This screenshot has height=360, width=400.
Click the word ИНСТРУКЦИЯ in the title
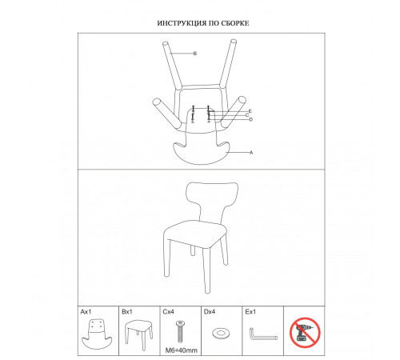coord(182,23)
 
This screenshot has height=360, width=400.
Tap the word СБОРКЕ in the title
coord(235,23)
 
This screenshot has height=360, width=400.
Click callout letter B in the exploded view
coord(195,54)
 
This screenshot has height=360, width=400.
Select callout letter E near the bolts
coord(250,111)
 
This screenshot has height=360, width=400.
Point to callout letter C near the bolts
coord(247,115)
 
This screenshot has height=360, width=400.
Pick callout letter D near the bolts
coord(250,119)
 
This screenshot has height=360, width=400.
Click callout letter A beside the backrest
coord(251,153)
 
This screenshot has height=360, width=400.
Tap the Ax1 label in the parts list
coord(86,311)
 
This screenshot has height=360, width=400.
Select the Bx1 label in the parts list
coord(127,311)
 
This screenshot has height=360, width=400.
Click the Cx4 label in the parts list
coord(168,311)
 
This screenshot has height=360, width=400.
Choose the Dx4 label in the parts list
coord(210,311)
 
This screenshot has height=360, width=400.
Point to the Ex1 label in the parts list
coord(250,311)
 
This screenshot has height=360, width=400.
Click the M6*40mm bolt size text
coord(182,350)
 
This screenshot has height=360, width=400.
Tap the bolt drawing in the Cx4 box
coord(179,332)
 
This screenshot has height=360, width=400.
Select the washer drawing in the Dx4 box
coord(221,333)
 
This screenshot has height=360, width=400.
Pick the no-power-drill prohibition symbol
coord(305,333)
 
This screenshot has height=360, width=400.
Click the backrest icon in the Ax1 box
coord(97,334)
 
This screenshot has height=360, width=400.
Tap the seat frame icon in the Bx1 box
coord(138,334)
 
